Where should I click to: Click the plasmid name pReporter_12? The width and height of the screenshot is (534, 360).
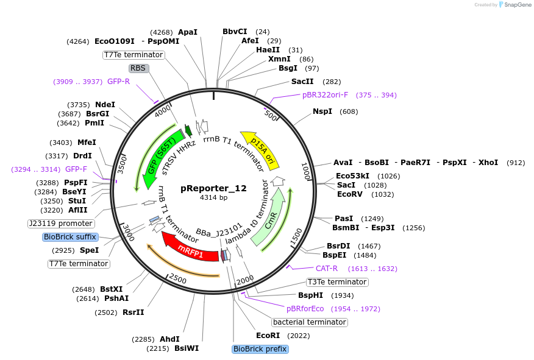coord(213,188)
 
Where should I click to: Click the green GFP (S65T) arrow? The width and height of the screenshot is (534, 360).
coord(163,156)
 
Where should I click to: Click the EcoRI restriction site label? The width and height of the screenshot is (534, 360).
coord(268,336)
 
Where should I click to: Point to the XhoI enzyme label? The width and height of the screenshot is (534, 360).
coord(488,163)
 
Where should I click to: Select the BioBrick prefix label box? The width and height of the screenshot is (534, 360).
coord(260,349)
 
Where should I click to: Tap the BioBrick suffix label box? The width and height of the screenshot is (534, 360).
coord(70,237)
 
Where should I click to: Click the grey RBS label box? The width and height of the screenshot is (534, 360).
coord(138,68)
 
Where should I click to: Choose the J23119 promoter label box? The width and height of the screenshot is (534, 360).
coord(60,224)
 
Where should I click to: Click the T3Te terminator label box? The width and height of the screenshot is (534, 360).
coord(337,282)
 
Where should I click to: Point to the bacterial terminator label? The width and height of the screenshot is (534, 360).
coord(310,322)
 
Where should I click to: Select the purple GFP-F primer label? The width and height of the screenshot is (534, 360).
coord(76,169)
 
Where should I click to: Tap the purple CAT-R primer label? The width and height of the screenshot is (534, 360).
coord(327,269)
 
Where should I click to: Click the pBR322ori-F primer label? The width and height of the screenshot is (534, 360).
coord(326,95)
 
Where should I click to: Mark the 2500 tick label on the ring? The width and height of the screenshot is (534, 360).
coord(178,278)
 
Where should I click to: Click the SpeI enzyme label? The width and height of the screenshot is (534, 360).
coord(89,250)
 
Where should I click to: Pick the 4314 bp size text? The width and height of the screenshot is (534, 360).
coord(213,197)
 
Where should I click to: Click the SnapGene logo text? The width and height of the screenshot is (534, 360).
coord(518,5)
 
